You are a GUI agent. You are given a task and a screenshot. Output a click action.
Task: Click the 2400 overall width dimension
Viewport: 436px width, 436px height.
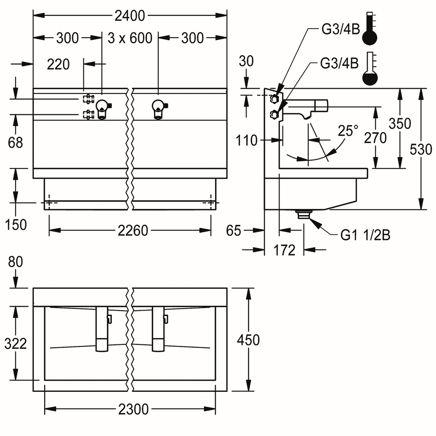pos(130,16)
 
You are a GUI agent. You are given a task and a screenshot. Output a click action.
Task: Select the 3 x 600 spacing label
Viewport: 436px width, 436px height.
pos(130,38)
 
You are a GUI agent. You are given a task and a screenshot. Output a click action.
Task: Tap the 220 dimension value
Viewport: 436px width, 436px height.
pos(58,64)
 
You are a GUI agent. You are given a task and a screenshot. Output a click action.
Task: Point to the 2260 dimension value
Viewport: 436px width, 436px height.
pos(133,231)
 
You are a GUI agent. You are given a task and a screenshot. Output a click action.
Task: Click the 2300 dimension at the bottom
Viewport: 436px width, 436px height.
pos(134,409)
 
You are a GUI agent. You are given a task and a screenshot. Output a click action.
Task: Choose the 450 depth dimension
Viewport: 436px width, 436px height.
pos(249,340)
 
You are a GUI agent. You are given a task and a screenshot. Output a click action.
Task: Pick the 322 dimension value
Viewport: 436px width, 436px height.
pos(16,343)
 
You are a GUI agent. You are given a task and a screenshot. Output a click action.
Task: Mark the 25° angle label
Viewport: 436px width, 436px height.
pos(348,131)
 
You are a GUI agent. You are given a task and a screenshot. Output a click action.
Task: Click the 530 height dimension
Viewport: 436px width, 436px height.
pos(421,149)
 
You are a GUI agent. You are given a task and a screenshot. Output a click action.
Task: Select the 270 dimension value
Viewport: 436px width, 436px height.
pos(375,138)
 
